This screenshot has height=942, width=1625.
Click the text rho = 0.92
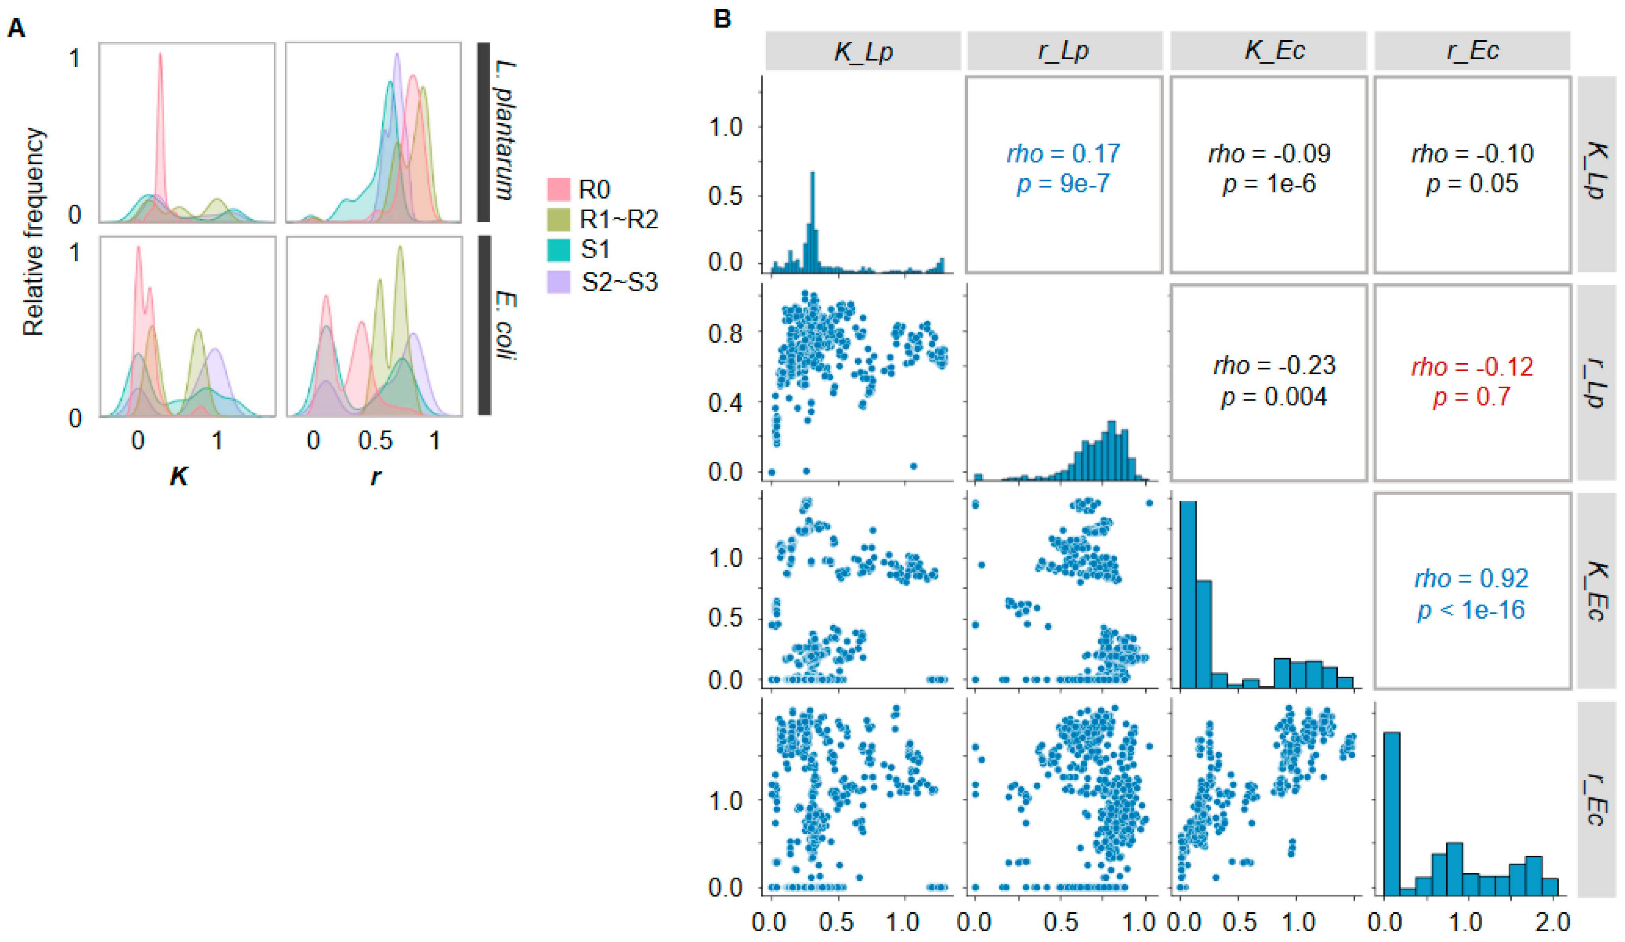coord(1471,578)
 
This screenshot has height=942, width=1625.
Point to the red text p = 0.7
coord(1471,397)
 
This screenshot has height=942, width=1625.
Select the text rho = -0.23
coord(1274,366)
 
